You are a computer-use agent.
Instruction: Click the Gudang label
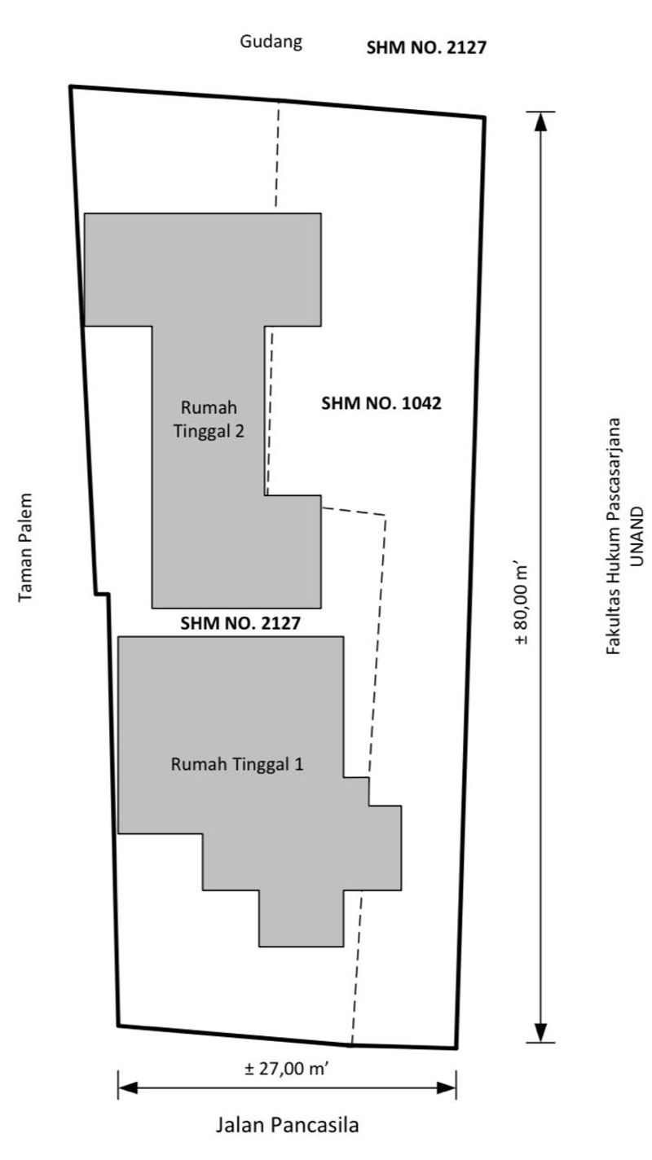271,42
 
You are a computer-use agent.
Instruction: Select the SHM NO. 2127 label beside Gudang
426,47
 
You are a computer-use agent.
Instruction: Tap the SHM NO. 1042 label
381,402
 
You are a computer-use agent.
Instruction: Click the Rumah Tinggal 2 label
209,419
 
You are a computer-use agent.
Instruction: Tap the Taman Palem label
28,547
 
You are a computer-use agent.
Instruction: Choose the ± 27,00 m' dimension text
286,1069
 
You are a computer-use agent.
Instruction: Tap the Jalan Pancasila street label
287,1126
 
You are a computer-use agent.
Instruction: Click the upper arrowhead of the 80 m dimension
539,120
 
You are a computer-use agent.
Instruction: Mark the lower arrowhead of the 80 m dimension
539,1034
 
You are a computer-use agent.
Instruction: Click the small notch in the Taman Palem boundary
101,595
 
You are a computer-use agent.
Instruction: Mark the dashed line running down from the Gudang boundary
277,155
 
